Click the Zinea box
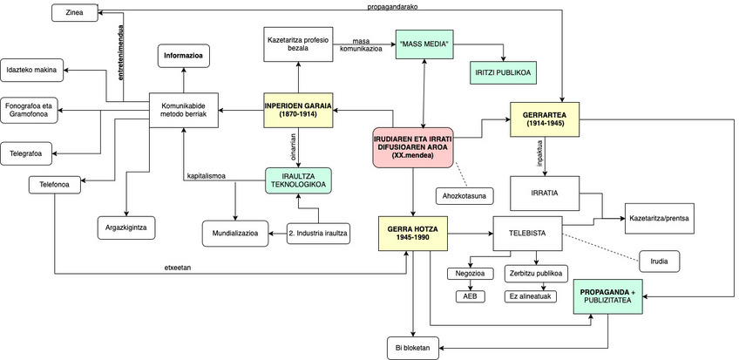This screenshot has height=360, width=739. tap(75, 12)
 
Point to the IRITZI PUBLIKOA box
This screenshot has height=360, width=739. tap(504, 73)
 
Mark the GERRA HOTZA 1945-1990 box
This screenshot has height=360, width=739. tap(413, 233)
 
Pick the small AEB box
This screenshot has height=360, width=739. tap(470, 295)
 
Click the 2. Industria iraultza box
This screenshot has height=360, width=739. tap(318, 233)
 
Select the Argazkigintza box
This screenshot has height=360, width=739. tap(125, 228)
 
